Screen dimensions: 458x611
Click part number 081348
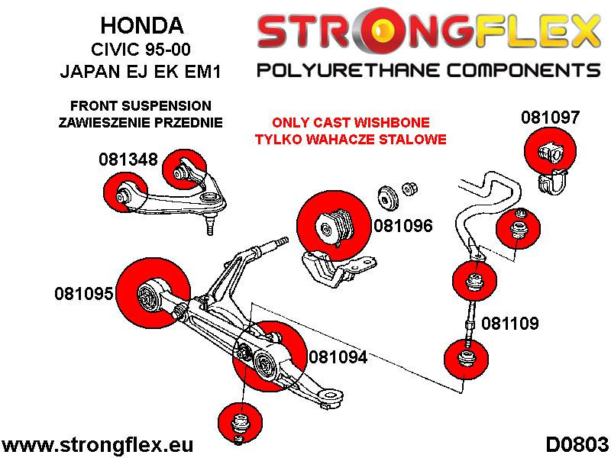click(128, 160)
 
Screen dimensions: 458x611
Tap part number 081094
click(338, 356)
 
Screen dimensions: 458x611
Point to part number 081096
click(403, 226)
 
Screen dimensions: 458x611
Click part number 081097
click(550, 118)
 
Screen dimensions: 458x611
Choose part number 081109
click(510, 324)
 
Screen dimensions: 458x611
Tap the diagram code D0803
click(577, 444)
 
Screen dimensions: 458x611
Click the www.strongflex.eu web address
click(99, 444)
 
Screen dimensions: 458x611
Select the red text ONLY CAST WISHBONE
click(351, 123)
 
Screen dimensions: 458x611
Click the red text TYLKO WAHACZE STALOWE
click(351, 140)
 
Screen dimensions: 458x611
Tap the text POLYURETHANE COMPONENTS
click(428, 71)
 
